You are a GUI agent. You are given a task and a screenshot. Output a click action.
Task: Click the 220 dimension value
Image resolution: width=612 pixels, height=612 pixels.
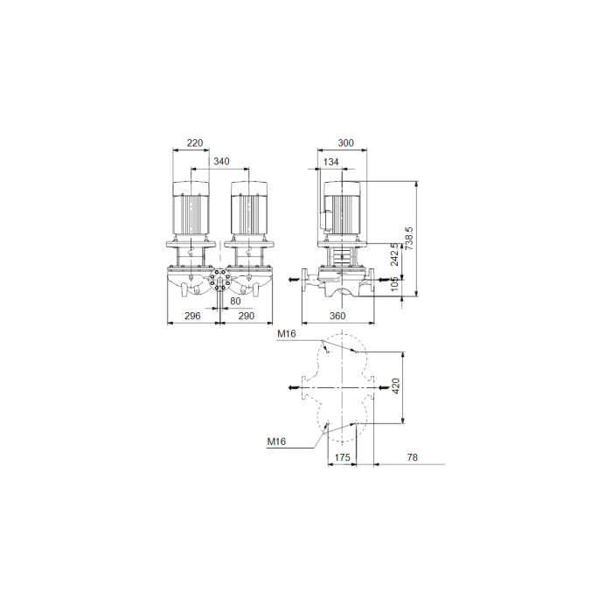(x=195, y=143)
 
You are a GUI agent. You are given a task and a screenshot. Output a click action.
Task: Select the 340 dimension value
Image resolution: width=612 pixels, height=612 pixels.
(x=221, y=161)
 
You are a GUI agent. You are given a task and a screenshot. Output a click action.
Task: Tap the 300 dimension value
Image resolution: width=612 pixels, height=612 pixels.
(x=345, y=143)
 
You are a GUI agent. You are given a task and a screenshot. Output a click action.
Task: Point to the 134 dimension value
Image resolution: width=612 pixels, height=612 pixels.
(x=331, y=162)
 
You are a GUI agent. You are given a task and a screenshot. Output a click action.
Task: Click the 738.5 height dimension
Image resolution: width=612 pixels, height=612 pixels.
(x=408, y=239)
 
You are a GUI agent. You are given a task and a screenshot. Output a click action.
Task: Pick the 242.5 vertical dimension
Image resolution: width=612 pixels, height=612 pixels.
(x=394, y=254)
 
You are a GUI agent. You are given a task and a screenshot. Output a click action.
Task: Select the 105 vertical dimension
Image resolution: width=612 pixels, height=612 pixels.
(x=394, y=284)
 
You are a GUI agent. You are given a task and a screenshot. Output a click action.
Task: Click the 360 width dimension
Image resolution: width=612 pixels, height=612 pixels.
(x=337, y=316)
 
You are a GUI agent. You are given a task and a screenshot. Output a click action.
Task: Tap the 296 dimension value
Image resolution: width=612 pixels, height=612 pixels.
(x=192, y=316)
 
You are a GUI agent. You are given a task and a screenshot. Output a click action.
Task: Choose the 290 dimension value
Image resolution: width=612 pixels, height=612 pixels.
(x=247, y=316)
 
